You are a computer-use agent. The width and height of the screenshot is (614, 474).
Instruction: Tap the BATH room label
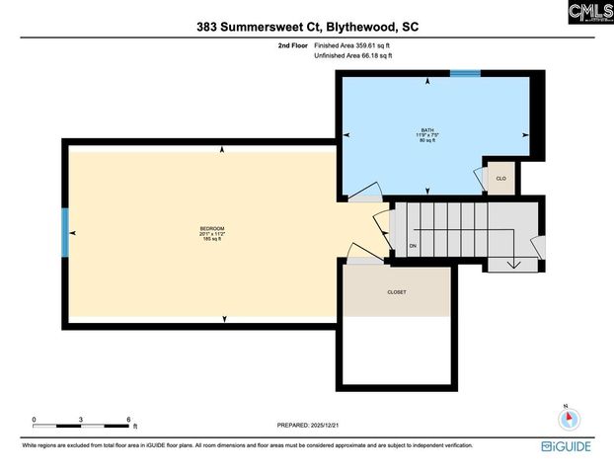[x=427, y=130]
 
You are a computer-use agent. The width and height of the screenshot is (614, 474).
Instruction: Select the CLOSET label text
[x=396, y=292]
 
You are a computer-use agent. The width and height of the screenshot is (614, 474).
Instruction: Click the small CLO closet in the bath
[x=501, y=178]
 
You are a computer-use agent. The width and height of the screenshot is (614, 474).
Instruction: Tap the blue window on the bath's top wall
[x=465, y=72]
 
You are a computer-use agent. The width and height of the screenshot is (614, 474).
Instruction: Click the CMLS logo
[x=590, y=13]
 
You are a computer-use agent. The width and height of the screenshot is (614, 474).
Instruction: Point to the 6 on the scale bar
[x=129, y=420]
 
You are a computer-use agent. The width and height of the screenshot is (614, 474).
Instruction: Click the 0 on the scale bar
[x=34, y=420]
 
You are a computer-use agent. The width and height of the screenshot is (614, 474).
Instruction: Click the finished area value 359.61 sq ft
[x=367, y=45]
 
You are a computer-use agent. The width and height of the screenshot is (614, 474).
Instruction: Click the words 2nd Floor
[x=292, y=45]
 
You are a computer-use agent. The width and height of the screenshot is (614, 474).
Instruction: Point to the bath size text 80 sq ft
[x=427, y=141]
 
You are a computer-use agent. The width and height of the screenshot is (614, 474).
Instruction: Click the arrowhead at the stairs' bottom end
[x=513, y=264]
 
